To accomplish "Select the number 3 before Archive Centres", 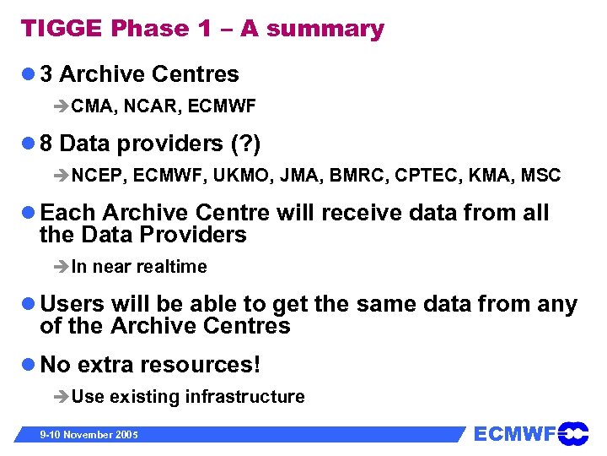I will [46, 74].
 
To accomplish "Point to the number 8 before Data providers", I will [46, 144].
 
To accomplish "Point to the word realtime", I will [171, 267].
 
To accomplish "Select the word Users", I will [73, 304].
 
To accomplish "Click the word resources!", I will [201, 365].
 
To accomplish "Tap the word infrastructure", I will [245, 397].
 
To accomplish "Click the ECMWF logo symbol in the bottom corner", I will [573, 434].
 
